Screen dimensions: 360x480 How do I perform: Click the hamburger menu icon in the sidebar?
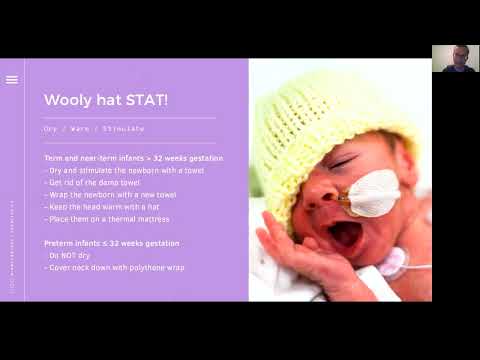point(12,80)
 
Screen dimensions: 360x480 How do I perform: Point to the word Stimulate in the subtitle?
point(125,128)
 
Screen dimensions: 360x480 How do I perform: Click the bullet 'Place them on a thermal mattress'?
point(107,218)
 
